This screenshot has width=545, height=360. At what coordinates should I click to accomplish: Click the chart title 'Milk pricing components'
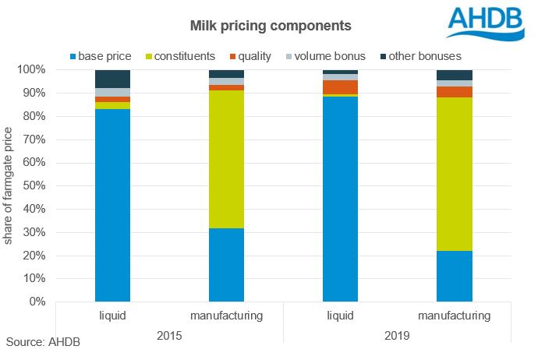click(271, 26)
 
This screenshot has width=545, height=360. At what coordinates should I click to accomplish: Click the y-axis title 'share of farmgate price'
click(9, 187)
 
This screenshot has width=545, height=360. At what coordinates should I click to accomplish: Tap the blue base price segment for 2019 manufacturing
click(454, 276)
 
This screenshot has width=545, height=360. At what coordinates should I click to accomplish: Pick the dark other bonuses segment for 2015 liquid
click(112, 79)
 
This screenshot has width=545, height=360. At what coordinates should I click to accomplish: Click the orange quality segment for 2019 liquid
click(340, 87)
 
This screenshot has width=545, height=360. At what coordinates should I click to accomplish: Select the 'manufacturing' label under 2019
click(454, 316)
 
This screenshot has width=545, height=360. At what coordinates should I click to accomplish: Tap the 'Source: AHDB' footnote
click(43, 342)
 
